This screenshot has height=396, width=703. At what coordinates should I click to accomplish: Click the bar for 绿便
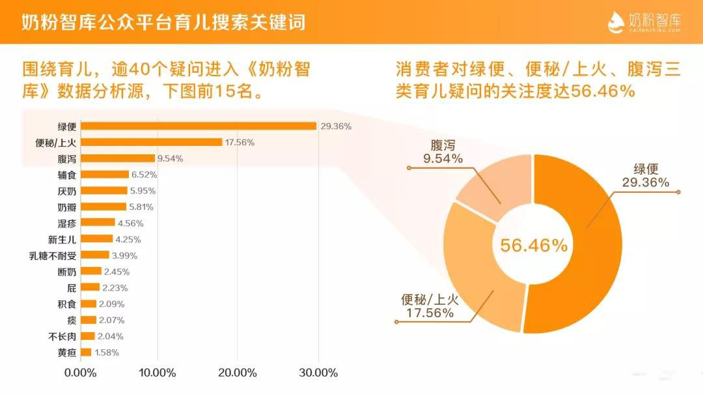click(x=198, y=126)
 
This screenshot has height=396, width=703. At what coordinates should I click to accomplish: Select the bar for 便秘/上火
click(x=151, y=142)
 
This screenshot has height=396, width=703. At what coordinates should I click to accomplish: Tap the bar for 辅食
click(x=105, y=175)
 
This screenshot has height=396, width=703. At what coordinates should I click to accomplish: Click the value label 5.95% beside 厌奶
click(x=143, y=191)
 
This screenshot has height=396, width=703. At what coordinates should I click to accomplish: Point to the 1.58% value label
click(x=107, y=352)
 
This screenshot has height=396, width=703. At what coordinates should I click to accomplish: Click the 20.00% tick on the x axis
click(x=237, y=373)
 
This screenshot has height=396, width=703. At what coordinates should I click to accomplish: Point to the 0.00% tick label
click(x=81, y=373)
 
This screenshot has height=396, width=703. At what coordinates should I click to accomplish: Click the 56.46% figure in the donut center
click(x=534, y=245)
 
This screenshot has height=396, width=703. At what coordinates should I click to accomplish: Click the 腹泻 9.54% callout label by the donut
click(x=443, y=151)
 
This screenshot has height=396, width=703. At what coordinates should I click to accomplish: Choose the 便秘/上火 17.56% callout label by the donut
click(x=430, y=306)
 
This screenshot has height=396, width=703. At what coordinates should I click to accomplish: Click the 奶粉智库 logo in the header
click(x=644, y=22)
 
